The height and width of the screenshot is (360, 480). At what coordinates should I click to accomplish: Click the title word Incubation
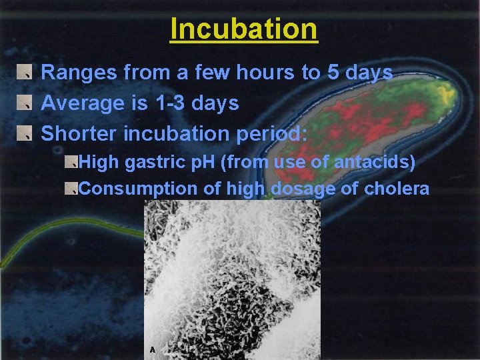click(x=243, y=29)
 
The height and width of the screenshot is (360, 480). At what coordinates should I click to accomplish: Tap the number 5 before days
click(x=334, y=73)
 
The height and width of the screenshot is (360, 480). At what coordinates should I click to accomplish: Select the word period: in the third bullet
click(x=272, y=133)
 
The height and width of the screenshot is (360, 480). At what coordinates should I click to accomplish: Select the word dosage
click(x=305, y=189)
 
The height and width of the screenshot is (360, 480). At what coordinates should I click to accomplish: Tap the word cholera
click(x=397, y=189)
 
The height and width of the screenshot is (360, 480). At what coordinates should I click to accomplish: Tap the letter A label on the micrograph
click(x=153, y=349)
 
